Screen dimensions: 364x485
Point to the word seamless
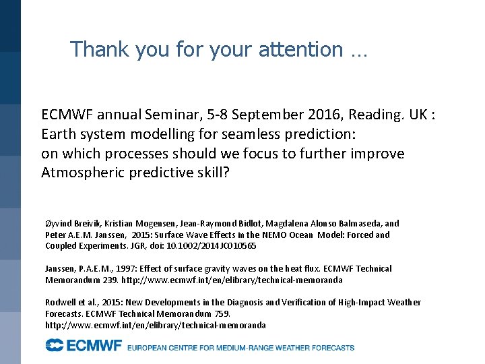coord(238,134)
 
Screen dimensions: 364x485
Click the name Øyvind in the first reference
coord(59,223)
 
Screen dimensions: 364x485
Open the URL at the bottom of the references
coord(155,325)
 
